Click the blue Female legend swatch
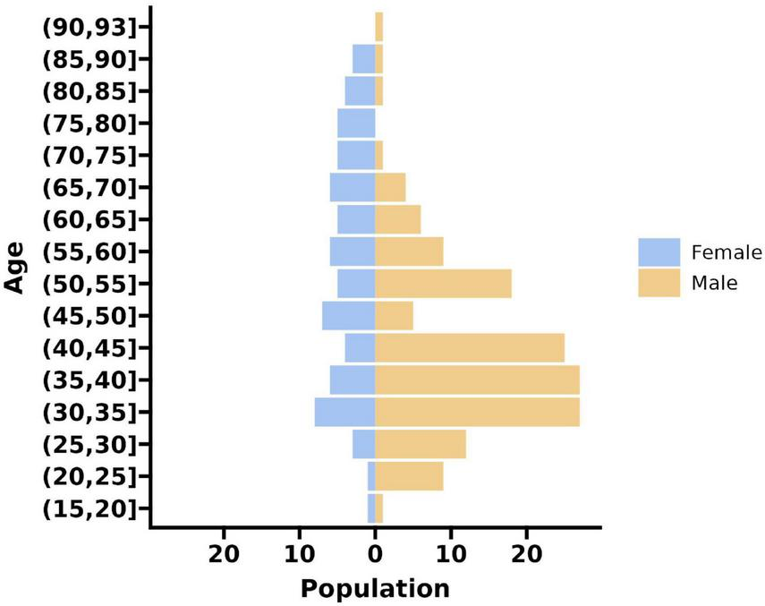pos(659,252)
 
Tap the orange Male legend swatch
pos(659,284)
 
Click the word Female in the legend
pos(727,252)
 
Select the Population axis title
pos(375,588)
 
